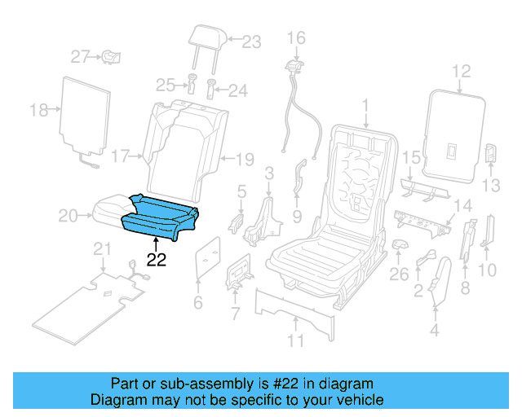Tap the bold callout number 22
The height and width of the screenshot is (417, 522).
(156, 261)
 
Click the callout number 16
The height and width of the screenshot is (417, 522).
(295, 37)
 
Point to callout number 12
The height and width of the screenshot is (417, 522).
(462, 72)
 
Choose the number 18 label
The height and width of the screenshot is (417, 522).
(39, 109)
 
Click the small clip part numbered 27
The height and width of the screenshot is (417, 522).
(112, 56)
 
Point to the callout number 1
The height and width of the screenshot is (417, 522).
(366, 104)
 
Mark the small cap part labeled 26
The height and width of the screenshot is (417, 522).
(399, 245)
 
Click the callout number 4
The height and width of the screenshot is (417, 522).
(434, 331)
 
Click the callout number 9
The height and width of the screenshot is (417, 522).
(296, 217)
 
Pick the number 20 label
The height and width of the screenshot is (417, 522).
(69, 215)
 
